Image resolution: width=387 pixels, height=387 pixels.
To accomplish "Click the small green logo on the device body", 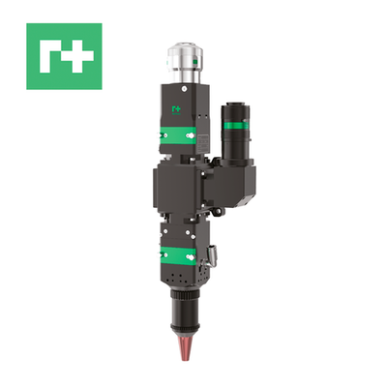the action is click(x=175, y=108).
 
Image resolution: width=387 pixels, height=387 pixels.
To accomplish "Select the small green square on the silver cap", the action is click(x=194, y=62).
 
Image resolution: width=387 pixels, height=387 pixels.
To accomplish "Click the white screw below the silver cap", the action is click(x=184, y=88).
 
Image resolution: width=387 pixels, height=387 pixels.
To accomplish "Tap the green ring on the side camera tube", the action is click(x=235, y=126).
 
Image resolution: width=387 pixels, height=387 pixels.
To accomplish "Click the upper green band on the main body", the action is click(x=178, y=135).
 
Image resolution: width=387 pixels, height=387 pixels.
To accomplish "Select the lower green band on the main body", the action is click(x=178, y=256).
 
